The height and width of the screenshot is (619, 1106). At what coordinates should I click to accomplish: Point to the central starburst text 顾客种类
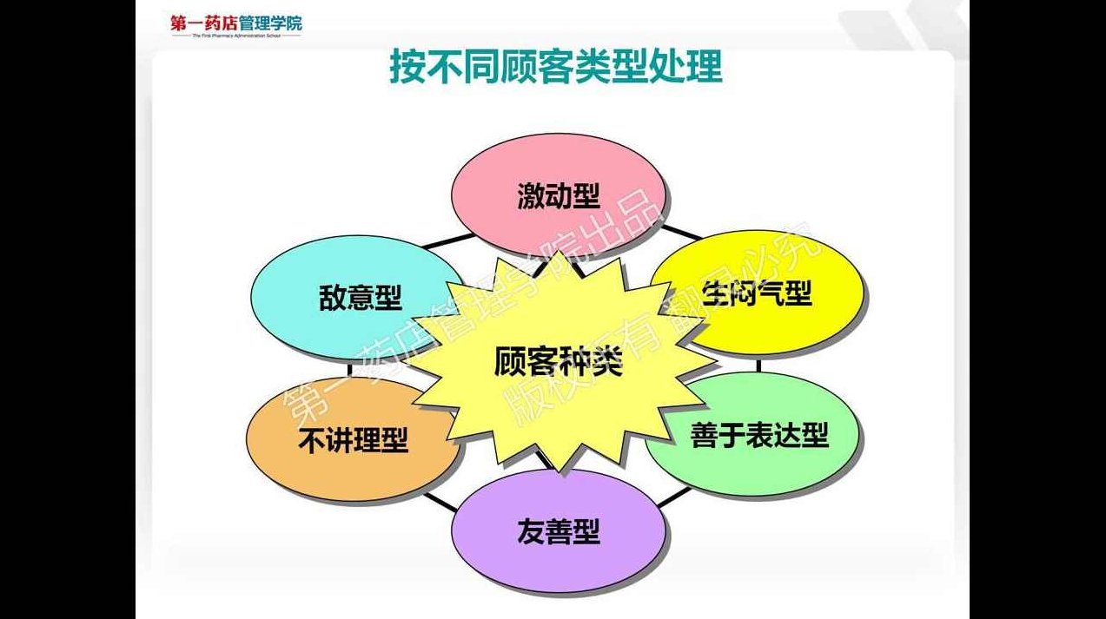pos(559,361)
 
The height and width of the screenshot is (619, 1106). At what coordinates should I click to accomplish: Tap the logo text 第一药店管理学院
pos(236,22)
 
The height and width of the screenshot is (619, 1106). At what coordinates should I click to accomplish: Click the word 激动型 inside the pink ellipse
pos(559,195)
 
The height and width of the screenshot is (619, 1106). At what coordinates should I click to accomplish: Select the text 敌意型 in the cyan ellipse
pos(360,299)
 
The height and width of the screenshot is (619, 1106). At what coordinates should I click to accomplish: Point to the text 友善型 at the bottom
pos(559,530)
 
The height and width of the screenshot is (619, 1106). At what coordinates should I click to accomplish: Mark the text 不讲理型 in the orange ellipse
pos(353,441)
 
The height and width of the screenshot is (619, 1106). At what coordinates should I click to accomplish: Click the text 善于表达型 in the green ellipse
pos(759,434)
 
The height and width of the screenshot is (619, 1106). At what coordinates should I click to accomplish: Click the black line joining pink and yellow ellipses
pos(680,232)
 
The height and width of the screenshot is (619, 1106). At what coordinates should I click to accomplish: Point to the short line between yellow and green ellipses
pos(758,365)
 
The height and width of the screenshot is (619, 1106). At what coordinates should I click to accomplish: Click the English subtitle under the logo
pos(236,36)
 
